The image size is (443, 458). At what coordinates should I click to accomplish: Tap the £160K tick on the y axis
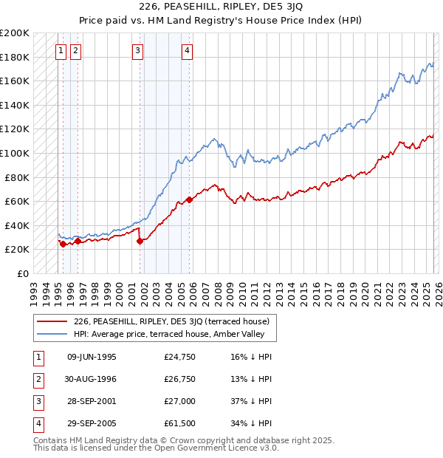[15, 81]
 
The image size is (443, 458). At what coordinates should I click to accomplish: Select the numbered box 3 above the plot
[138, 51]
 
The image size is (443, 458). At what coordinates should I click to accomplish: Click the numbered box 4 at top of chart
[188, 51]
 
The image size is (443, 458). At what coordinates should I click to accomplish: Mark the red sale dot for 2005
[190, 199]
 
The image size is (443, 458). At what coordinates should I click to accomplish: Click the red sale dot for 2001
[140, 241]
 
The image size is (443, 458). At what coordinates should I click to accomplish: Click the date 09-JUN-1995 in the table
[92, 357]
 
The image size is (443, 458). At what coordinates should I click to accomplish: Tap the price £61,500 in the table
[179, 423]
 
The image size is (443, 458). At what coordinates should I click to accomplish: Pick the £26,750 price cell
[179, 379]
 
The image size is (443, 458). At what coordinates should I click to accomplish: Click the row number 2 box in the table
[36, 379]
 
